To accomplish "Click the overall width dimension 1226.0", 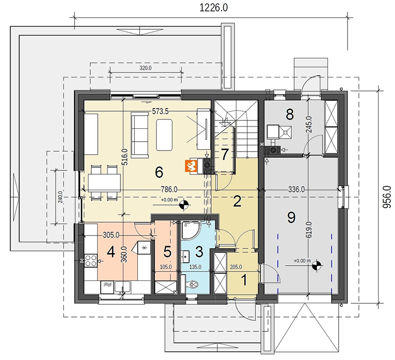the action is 213,7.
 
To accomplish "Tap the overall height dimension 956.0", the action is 387,197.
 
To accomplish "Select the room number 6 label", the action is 159,172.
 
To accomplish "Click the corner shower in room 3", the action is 191,230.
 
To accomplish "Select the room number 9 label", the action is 291,217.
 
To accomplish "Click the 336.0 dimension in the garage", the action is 296,190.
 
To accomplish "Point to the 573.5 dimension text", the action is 160,111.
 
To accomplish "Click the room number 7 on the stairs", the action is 225,155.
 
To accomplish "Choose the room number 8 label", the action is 290,115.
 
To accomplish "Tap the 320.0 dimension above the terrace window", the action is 146,68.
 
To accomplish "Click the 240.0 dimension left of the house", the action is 60,198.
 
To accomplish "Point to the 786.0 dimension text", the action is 169,189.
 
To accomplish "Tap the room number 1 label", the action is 244,280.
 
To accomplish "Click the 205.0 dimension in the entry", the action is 236,267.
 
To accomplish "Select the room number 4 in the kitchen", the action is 111,252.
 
